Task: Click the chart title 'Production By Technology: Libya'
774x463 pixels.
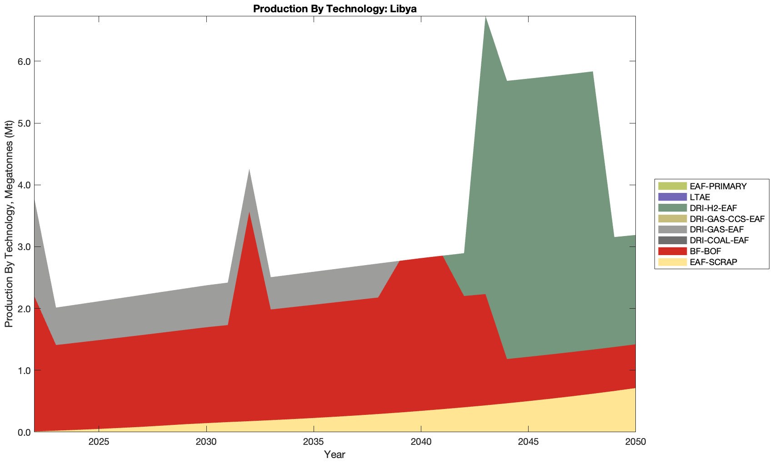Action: tap(335, 9)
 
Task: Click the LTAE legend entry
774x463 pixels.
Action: tap(699, 197)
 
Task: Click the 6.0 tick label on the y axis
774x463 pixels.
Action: tap(22, 62)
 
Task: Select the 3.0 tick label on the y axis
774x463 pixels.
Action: tap(22, 247)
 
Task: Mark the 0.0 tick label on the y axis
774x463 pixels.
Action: tap(22, 432)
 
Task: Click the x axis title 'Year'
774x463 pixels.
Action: tap(335, 454)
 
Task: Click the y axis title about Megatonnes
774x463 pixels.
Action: tap(9, 224)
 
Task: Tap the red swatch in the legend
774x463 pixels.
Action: tap(672, 251)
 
